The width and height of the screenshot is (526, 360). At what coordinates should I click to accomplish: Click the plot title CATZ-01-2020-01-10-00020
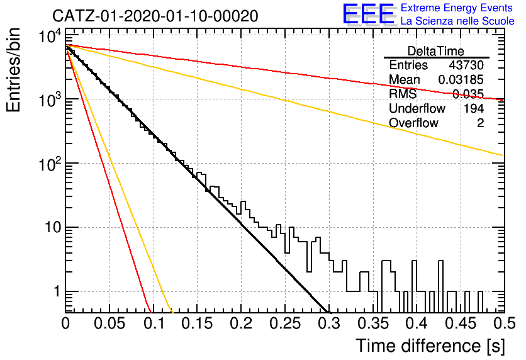(x=155, y=16)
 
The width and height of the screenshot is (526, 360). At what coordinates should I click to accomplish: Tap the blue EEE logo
(x=369, y=14)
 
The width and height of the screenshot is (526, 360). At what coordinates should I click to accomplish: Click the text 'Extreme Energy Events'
(x=457, y=8)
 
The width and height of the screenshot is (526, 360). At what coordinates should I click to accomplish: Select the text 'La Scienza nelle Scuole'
(x=457, y=21)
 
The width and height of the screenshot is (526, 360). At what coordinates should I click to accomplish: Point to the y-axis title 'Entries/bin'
(x=14, y=70)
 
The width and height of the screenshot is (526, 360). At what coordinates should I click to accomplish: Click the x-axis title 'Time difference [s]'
(x=430, y=346)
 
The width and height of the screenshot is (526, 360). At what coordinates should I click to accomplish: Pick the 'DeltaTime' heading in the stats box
(x=436, y=51)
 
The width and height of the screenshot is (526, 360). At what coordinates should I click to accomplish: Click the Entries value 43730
(x=466, y=65)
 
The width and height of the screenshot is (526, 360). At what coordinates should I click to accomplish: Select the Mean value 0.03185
(x=461, y=79)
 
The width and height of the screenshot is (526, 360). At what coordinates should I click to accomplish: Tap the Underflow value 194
(x=474, y=108)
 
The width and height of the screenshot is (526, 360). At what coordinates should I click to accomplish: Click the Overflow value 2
(x=480, y=123)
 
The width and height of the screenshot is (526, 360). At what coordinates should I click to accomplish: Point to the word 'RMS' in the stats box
(x=403, y=94)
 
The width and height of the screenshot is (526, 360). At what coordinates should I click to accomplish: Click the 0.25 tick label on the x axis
(x=285, y=323)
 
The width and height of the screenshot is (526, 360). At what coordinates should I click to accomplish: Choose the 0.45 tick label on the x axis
(x=461, y=323)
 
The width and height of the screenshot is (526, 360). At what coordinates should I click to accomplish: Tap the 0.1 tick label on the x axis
(x=154, y=323)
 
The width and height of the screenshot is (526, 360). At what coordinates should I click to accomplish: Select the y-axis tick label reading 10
(x=53, y=228)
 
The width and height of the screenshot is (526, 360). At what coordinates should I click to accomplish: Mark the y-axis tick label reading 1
(x=57, y=292)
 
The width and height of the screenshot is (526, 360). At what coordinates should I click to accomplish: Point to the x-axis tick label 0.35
(x=373, y=323)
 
